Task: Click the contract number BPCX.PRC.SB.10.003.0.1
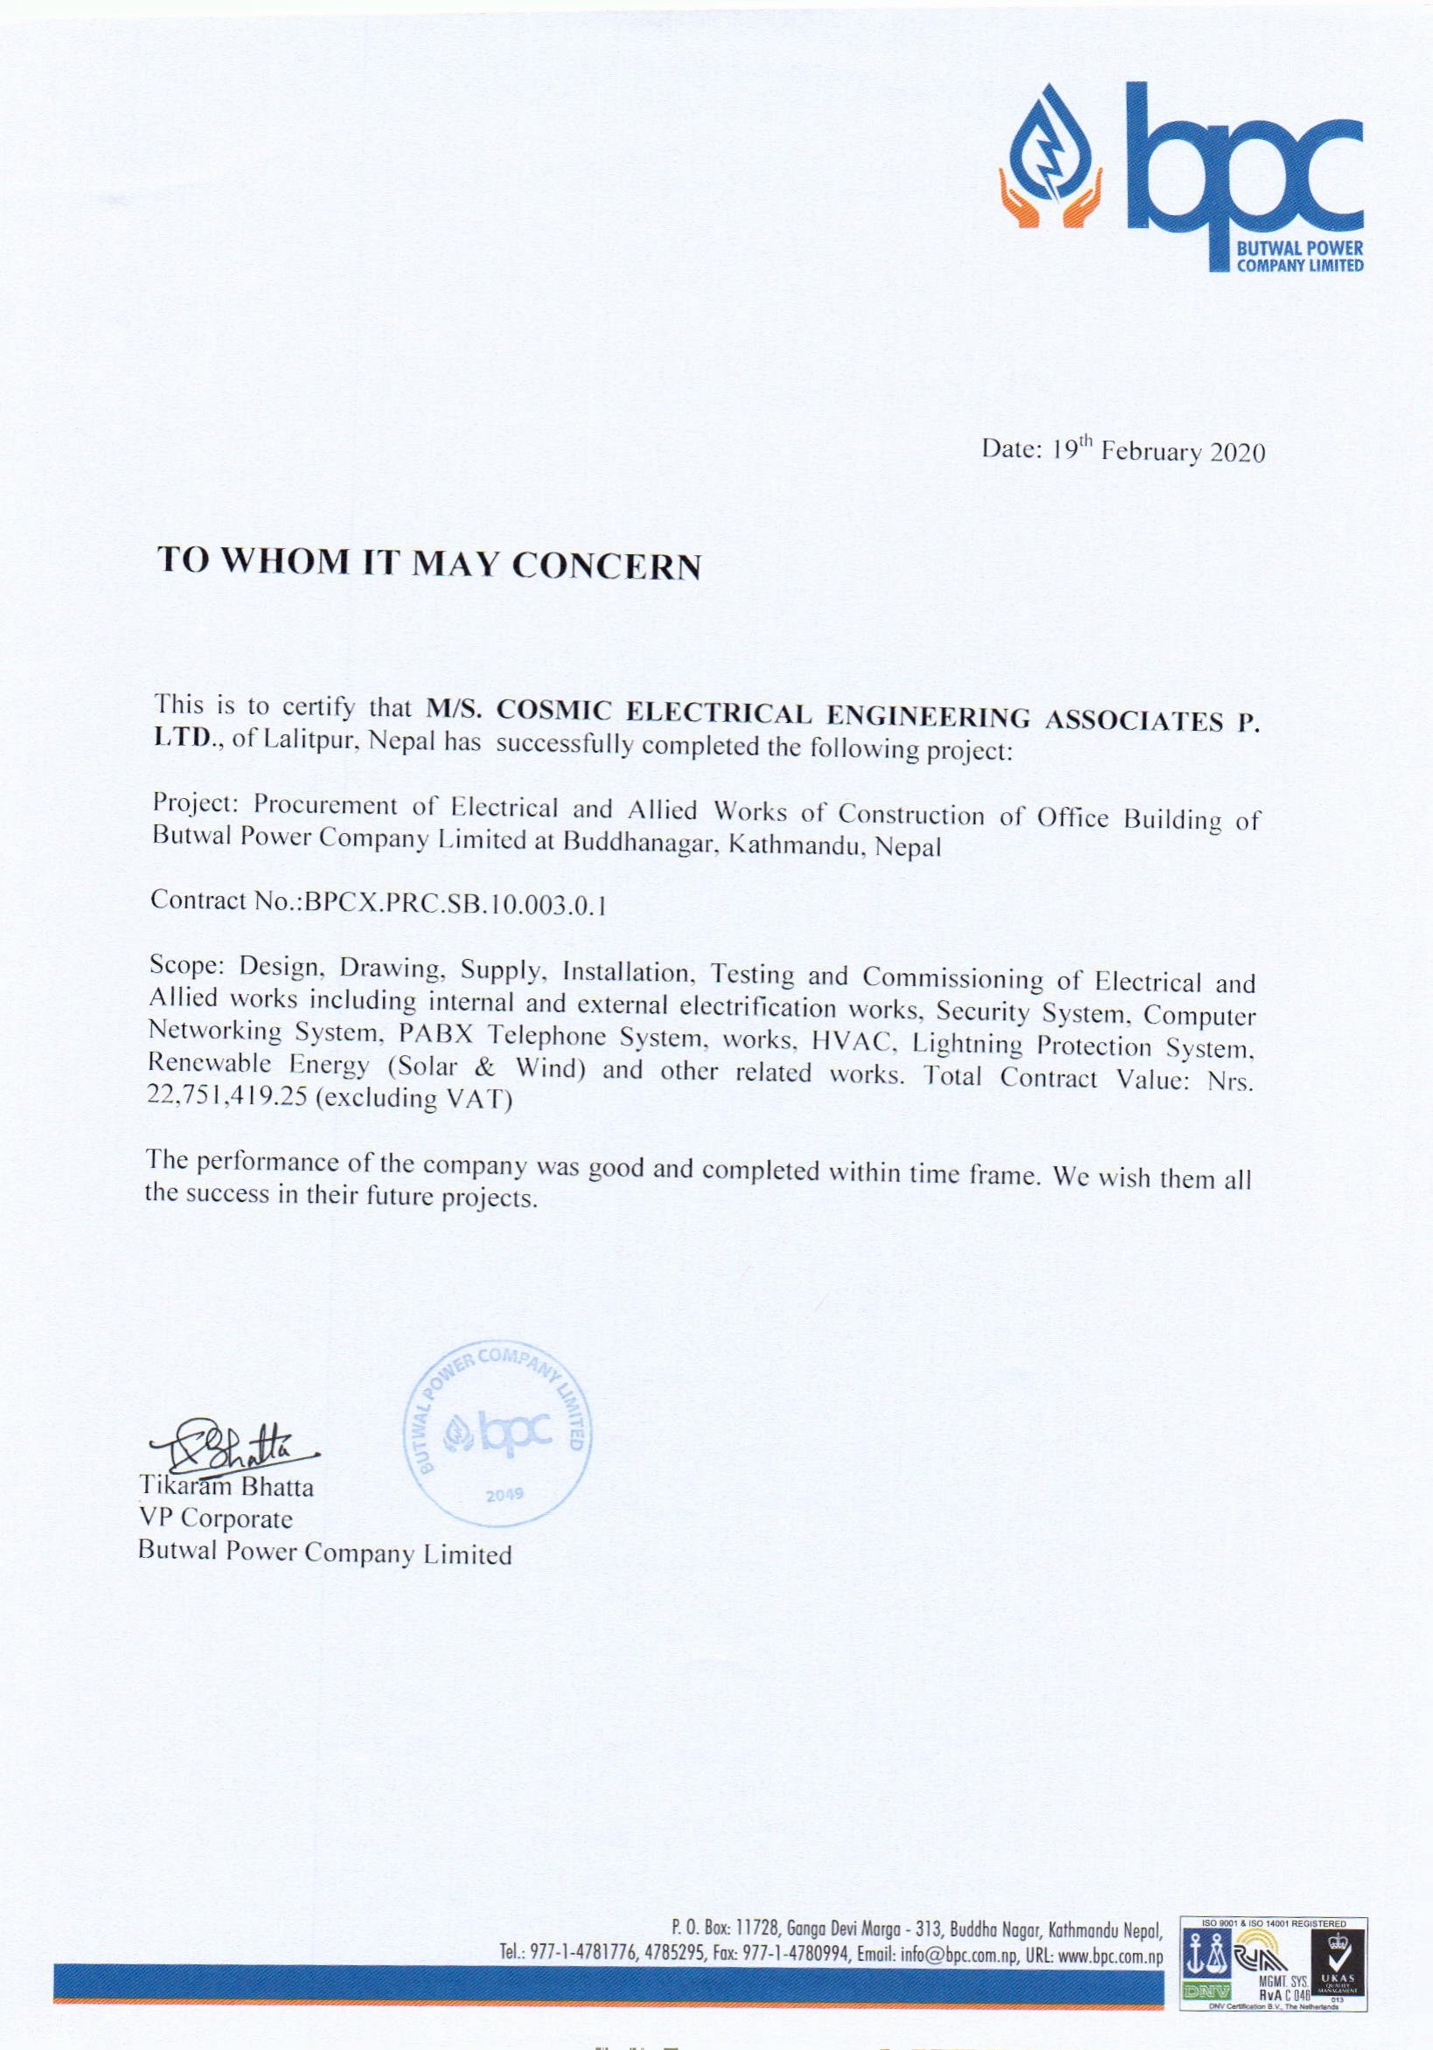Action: pos(456,903)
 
